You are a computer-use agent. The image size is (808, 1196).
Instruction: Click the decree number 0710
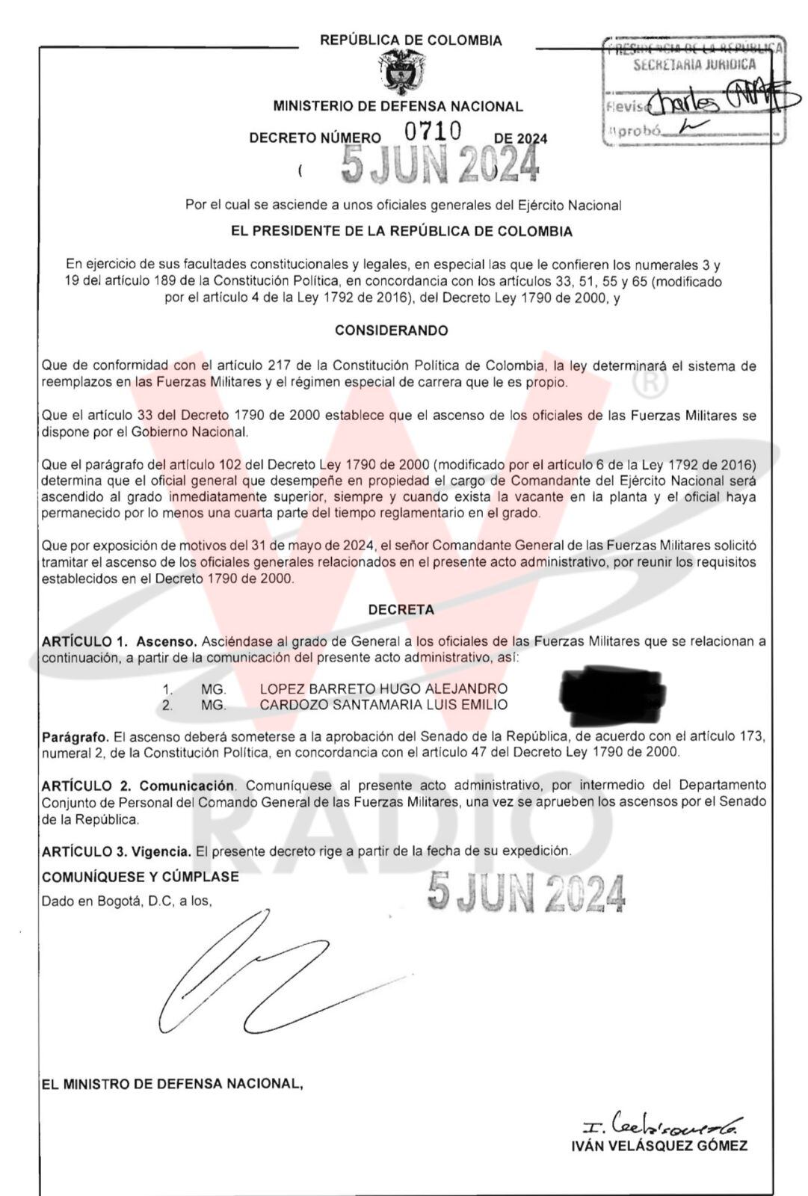433,132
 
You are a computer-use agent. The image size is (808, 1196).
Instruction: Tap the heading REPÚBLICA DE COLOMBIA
411,40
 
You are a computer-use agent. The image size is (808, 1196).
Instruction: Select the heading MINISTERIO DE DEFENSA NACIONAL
398,106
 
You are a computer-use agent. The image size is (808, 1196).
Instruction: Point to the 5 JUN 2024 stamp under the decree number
440,164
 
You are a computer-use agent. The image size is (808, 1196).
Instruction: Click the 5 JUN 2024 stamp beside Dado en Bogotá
526,893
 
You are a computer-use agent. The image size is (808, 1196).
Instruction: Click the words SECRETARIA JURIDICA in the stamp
694,65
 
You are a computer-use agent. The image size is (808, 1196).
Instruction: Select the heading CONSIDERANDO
391,330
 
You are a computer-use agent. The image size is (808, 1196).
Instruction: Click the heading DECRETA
401,610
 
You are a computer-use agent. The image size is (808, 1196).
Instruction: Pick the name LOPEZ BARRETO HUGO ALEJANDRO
383,688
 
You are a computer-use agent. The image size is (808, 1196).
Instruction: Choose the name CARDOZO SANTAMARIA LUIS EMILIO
383,705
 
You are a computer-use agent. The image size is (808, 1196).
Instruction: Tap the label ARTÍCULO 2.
87,786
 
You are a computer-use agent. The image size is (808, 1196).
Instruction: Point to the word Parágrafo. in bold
75,736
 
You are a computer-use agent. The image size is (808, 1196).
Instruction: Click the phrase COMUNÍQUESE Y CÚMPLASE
141,877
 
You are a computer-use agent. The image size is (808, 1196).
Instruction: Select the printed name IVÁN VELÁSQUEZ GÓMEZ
659,1146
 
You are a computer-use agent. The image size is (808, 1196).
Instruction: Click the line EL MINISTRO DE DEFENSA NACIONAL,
173,1083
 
